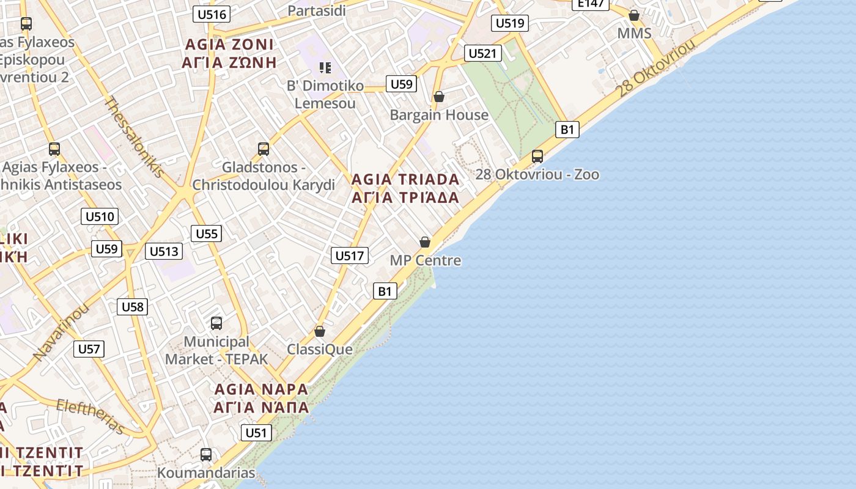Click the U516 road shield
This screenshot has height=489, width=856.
212,14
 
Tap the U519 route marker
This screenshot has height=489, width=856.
510,23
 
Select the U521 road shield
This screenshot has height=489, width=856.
482,53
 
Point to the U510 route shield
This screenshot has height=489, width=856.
100,216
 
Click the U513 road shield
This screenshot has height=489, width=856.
164,251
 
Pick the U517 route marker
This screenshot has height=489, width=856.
350,256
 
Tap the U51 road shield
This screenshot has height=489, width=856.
256,433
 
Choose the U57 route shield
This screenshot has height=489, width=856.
89,349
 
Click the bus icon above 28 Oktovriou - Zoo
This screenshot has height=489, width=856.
537,156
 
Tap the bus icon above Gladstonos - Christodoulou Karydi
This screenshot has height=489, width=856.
264,149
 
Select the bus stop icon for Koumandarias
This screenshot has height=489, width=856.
206,455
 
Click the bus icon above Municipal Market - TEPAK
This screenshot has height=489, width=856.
216,323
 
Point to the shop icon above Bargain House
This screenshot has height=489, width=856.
438,97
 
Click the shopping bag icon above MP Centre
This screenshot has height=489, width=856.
425,242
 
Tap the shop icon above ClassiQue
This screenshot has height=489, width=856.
319,331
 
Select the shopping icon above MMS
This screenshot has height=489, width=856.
634,15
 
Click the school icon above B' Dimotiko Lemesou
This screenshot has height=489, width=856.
325,67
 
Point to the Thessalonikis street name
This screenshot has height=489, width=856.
135,136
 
